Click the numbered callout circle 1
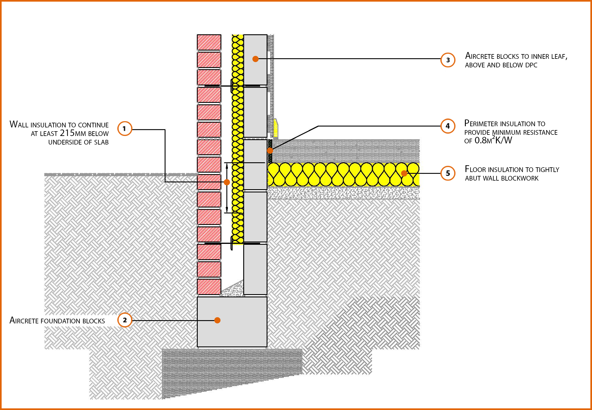pos(124,129)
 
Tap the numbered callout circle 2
pos(124,320)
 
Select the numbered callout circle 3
pos(448,60)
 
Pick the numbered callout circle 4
pos(448,126)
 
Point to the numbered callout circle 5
pos(448,173)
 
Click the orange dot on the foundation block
pos(217,320)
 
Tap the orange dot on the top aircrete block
pos(255,59)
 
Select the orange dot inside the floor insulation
pos(404,173)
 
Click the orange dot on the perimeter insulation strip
pos(270,150)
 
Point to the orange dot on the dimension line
pos(227,182)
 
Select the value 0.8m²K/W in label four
pos(493,140)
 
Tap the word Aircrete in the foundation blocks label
pos(24,321)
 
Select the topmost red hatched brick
pos(209,42)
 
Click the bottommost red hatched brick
pos(209,286)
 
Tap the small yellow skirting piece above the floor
pos(276,128)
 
